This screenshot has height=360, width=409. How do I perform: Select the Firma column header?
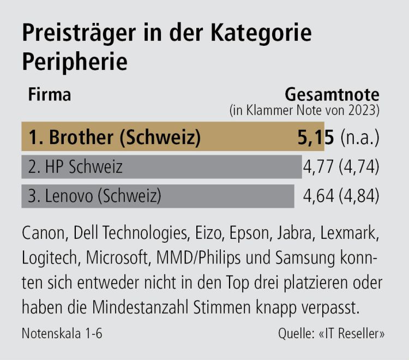tap(49, 94)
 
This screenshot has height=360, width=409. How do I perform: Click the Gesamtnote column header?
tap(333, 94)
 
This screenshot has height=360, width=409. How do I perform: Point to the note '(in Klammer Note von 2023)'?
tap(304, 110)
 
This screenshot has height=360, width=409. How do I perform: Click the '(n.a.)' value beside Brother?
tap(360, 137)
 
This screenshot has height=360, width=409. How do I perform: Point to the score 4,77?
tap(319, 166)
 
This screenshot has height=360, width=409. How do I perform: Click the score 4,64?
tap(319, 195)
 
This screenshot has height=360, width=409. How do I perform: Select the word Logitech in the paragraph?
tap(47, 259)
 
